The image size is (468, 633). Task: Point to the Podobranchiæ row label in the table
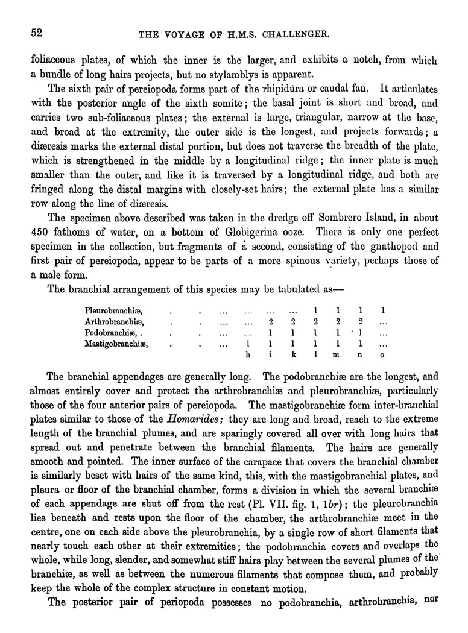coord(112,333)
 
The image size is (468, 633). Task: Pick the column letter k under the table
coord(292,356)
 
